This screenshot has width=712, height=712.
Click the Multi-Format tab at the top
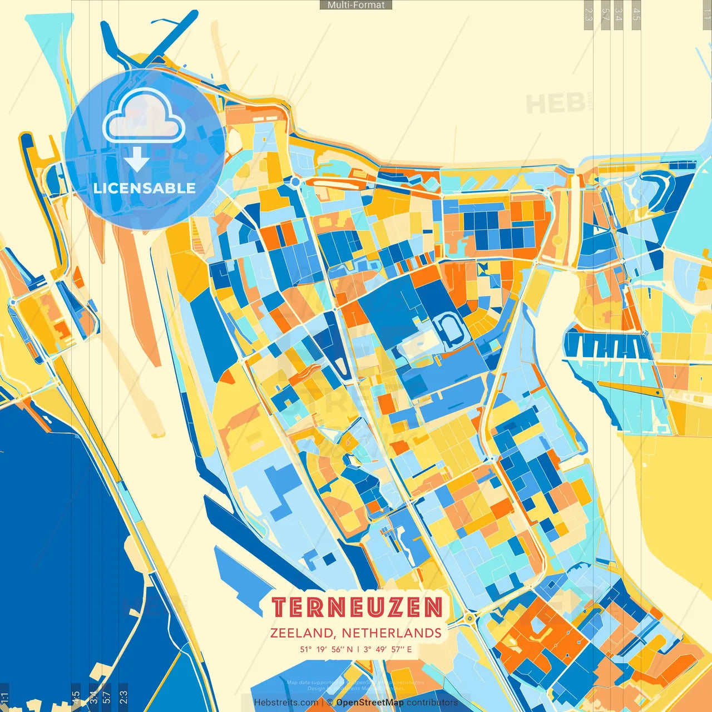point(356,5)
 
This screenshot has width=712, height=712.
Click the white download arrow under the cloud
point(136,160)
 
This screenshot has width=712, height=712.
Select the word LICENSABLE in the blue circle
point(145,188)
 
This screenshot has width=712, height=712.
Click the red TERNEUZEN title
point(357,607)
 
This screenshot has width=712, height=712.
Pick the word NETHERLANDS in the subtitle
point(392,633)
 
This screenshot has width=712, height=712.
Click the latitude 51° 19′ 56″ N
point(326,649)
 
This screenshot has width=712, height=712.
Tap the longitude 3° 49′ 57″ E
point(388,649)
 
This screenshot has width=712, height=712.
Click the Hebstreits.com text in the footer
point(286,703)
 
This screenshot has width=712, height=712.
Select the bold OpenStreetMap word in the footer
point(369,703)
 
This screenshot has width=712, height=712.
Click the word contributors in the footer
point(432,703)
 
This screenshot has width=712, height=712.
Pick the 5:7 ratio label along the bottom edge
point(107,697)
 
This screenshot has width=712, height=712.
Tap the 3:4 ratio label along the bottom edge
point(93,697)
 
